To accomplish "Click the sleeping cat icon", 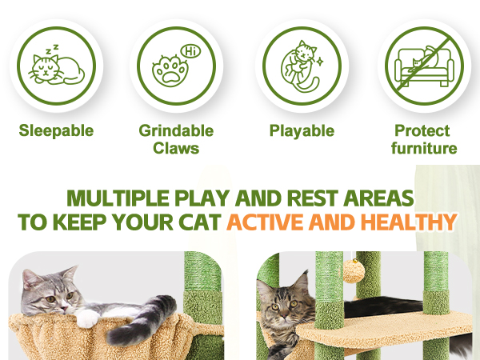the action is click(56, 69).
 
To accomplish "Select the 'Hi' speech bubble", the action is click(190, 51).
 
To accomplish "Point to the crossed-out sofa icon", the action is click(425, 66).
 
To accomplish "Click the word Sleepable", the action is click(56, 130).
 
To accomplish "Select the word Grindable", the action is click(176, 130).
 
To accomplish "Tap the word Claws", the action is click(176, 149).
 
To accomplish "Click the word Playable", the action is click(302, 130).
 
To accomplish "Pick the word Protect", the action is click(422, 130).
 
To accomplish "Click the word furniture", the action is click(424, 149).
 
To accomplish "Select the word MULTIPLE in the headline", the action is click(118, 198).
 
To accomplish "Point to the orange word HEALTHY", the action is click(409, 222).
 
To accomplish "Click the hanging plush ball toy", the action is click(354, 270).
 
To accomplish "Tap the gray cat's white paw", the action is click(87, 318).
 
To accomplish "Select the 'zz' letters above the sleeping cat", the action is click(52, 49).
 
